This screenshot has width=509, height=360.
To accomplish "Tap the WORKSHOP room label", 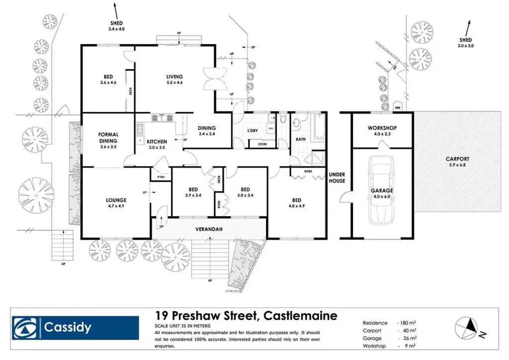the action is (x=382, y=128).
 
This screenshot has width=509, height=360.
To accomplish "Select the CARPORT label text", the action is (x=457, y=159).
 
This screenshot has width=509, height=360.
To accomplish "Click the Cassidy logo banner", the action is (x=75, y=328).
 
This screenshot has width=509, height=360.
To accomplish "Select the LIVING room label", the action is (x=174, y=77).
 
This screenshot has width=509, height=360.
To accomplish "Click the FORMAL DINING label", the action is (x=108, y=137).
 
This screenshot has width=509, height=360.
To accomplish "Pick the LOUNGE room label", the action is (x=116, y=200).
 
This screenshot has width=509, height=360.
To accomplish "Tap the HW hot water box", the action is (x=398, y=108).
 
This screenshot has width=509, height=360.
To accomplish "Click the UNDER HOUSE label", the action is (x=337, y=178).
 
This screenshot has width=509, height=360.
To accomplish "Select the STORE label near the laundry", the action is (x=262, y=145).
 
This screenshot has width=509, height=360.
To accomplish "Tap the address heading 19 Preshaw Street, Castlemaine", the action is (x=246, y=315).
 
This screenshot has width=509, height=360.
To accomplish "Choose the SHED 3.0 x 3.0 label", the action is (x=465, y=43).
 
